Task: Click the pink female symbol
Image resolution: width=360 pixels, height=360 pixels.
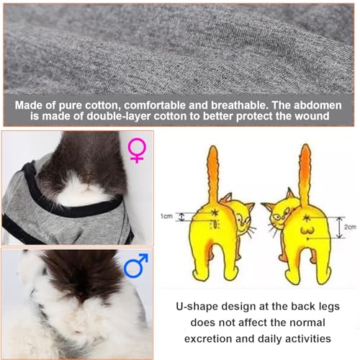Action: (136, 149)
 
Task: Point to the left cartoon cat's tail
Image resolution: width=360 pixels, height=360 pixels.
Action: (213, 173)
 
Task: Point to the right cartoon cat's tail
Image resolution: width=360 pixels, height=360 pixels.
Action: (305, 173)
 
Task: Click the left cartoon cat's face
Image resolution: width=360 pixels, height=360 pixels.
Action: (246, 212)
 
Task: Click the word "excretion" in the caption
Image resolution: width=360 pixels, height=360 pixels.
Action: (208, 338)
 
